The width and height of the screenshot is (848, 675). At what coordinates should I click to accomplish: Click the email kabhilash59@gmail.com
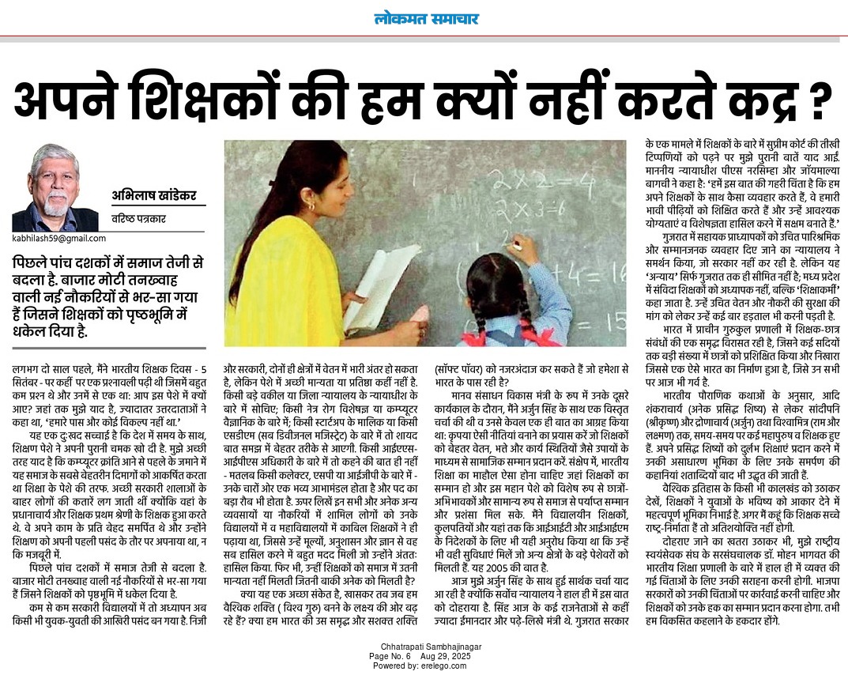(x=56, y=238)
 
